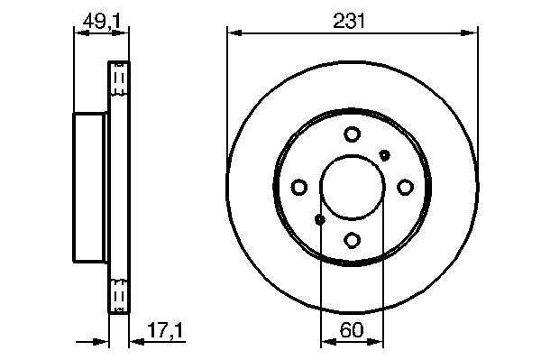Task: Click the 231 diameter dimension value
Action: [349, 21]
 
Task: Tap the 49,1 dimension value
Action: [102, 22]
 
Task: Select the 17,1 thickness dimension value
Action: [165, 330]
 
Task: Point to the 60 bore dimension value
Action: [352, 329]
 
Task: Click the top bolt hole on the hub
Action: [353, 134]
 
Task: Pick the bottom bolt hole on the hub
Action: [353, 240]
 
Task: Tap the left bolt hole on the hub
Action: [299, 187]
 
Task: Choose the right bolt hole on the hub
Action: [405, 187]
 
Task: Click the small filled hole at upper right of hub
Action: [384, 155]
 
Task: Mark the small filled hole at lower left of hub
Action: [320, 219]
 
